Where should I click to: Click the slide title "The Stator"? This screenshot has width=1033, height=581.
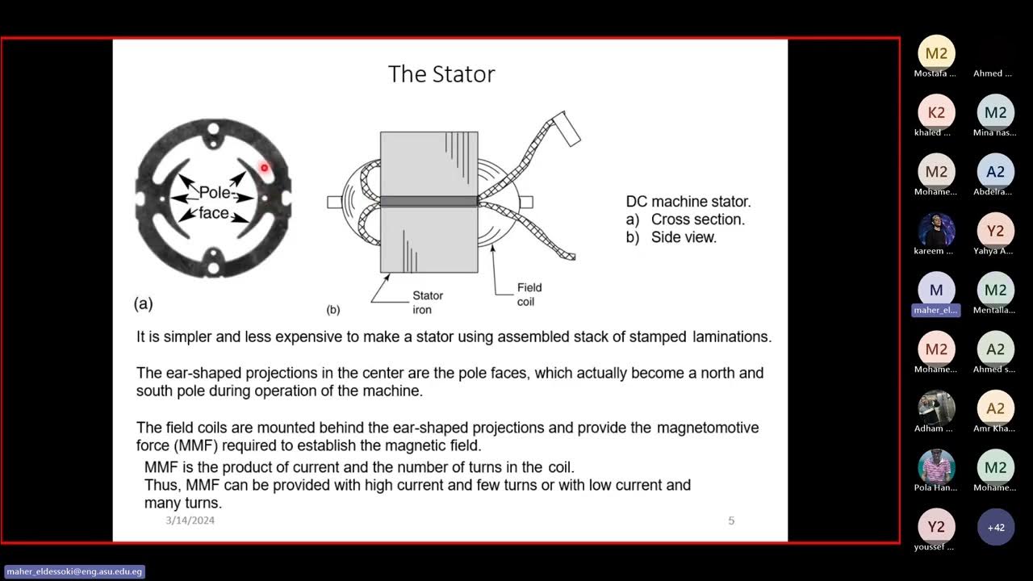pyautogui.click(x=441, y=74)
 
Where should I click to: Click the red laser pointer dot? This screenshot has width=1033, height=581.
pyautogui.click(x=264, y=168)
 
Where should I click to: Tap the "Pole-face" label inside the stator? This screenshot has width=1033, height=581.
pyautogui.click(x=215, y=203)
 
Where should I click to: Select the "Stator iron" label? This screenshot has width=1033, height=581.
pyautogui.click(x=428, y=303)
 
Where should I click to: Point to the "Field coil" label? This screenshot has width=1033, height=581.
pyautogui.click(x=529, y=295)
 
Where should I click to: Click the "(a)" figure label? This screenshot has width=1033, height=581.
pyautogui.click(x=143, y=304)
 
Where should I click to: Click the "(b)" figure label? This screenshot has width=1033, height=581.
pyautogui.click(x=333, y=310)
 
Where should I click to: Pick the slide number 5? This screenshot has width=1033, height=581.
pyautogui.click(x=731, y=520)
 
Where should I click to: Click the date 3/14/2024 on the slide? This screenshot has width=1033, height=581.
pyautogui.click(x=190, y=520)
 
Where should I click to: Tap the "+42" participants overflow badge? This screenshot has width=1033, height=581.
pyautogui.click(x=996, y=528)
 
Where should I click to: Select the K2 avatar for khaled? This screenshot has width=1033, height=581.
pyautogui.click(x=936, y=113)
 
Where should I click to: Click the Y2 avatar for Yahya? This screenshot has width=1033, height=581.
pyautogui.click(x=996, y=232)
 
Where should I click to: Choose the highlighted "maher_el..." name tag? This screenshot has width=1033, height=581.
pyautogui.click(x=936, y=310)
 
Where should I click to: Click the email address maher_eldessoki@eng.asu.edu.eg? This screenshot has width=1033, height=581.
pyautogui.click(x=74, y=572)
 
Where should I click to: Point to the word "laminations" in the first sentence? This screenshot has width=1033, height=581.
pyautogui.click(x=732, y=337)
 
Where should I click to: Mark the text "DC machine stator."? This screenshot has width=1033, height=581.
pyautogui.click(x=688, y=202)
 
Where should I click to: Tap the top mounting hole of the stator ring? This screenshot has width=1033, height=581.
pyautogui.click(x=213, y=128)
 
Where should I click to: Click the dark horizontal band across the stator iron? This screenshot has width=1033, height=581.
pyautogui.click(x=429, y=201)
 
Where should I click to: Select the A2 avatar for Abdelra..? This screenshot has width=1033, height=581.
pyautogui.click(x=996, y=172)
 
